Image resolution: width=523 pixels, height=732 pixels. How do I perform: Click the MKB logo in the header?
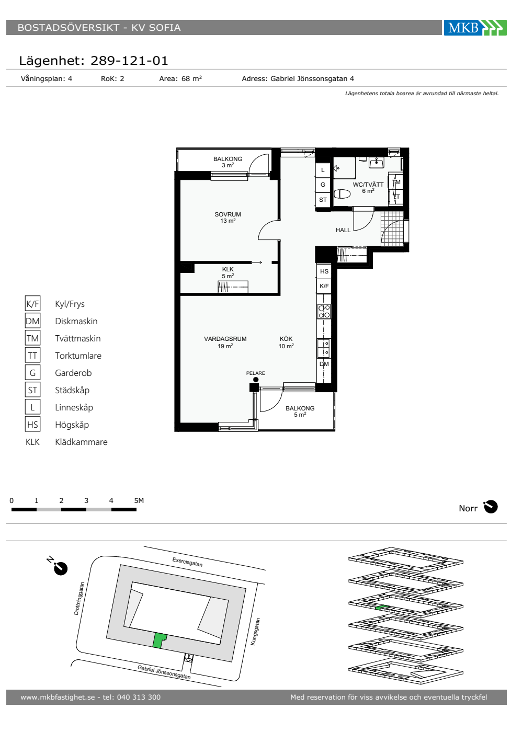point(475,27)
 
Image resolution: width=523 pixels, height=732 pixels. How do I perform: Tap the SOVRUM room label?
point(228,214)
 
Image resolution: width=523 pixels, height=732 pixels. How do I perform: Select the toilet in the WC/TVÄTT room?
point(342,194)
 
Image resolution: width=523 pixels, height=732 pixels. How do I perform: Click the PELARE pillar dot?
point(256,380)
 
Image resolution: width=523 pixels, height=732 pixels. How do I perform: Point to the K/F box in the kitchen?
point(324,286)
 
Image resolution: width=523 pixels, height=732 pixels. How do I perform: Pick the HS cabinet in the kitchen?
point(324,271)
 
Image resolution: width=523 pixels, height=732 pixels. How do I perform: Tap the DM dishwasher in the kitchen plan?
point(324,364)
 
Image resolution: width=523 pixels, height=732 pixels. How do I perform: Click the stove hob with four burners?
point(324,312)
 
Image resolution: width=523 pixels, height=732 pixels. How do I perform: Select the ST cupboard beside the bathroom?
point(323,200)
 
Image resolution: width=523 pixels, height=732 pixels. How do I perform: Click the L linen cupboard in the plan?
point(323,170)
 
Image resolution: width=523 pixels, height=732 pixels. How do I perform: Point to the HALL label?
point(343,230)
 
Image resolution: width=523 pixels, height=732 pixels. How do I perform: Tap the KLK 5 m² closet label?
point(228,272)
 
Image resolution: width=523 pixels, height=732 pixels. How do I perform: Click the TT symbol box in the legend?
point(32,355)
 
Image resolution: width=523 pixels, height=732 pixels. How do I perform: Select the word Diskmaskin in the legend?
point(76,321)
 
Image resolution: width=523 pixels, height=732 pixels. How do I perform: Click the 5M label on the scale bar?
point(139,500)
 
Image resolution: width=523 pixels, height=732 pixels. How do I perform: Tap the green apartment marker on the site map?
point(159,640)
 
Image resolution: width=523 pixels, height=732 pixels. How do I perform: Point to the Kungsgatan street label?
point(255,632)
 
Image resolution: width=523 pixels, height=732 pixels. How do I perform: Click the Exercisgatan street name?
point(187,562)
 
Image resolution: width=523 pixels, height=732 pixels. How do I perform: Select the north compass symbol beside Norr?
point(491,507)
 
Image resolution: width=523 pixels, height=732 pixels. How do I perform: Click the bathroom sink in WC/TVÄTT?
point(377,163)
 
